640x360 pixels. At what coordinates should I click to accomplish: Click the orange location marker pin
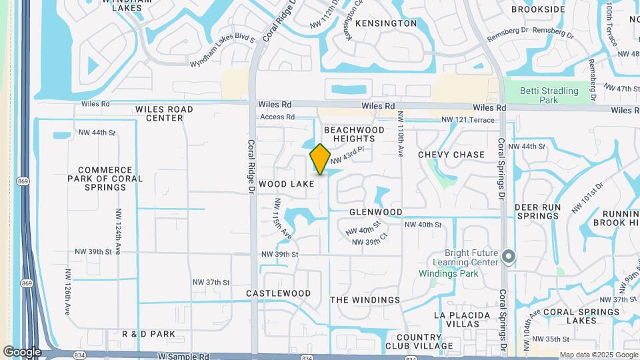(x=320, y=159)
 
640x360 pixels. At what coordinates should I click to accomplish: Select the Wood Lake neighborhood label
(x=286, y=183)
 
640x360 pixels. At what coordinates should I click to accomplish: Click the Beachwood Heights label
(x=354, y=134)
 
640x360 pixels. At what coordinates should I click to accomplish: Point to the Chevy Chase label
(x=451, y=155)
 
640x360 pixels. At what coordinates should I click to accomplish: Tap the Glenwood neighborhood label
(x=376, y=212)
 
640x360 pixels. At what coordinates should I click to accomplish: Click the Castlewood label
(x=278, y=293)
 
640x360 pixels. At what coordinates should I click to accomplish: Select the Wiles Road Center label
(x=164, y=113)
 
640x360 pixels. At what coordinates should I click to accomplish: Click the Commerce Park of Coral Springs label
(x=105, y=179)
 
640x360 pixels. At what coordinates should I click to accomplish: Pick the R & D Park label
(x=149, y=333)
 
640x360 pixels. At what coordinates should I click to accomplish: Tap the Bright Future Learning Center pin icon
(x=509, y=257)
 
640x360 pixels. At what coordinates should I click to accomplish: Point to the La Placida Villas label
(x=461, y=319)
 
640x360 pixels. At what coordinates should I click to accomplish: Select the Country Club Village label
(x=419, y=341)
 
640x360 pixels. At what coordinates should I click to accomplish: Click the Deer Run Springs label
(x=537, y=211)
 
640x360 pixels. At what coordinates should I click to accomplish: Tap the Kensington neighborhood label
(x=386, y=23)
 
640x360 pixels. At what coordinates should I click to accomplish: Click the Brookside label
(x=539, y=9)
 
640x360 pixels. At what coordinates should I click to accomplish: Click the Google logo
(x=22, y=352)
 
